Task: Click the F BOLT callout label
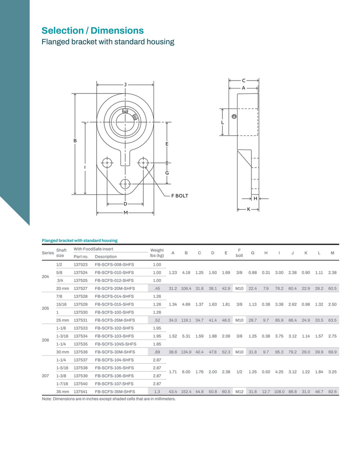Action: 180,195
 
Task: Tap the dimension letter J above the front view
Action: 125,85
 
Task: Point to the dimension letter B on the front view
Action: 75,141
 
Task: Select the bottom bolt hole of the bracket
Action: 125,184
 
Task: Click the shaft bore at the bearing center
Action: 125,122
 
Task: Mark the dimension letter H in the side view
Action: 255,198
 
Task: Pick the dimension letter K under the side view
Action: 249,209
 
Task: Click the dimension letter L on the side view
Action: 222,123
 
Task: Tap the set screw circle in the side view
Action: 234,116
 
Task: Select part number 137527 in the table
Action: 81,288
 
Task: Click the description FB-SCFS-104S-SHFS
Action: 115,344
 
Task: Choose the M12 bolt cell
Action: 240,392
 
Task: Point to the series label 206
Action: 45,340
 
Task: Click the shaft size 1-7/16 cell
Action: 62,384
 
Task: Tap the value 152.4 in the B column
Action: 186,392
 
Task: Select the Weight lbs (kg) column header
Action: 157,252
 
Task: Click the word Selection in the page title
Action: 63,30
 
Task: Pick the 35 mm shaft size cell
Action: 62,392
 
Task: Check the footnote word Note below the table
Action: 47,399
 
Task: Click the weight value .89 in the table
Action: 157,352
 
